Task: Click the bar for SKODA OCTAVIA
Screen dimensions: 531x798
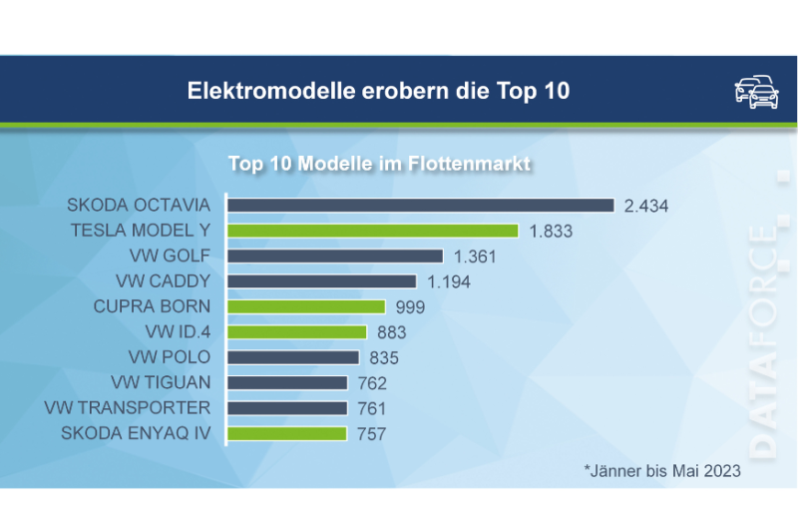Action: click(420, 206)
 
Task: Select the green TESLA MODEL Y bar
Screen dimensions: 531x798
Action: click(373, 231)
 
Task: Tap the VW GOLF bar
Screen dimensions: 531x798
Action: click(335, 257)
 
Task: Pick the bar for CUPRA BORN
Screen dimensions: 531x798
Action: click(306, 306)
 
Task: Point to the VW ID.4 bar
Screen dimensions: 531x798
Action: click(297, 332)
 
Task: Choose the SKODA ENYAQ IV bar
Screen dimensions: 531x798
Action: click(287, 433)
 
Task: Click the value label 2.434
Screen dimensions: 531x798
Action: click(645, 207)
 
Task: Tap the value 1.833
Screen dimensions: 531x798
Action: click(552, 232)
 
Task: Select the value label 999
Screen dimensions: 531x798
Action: click(410, 307)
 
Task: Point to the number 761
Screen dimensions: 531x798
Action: click(371, 408)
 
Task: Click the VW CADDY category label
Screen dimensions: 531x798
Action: click(164, 281)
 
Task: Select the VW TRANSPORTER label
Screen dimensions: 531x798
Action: click(128, 407)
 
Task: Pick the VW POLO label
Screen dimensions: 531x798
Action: click(170, 357)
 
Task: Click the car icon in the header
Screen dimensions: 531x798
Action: click(756, 91)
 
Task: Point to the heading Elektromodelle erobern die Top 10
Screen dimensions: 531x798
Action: click(378, 91)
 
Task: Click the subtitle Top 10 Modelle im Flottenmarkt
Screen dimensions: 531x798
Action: click(379, 163)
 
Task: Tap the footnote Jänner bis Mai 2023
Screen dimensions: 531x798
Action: click(662, 470)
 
